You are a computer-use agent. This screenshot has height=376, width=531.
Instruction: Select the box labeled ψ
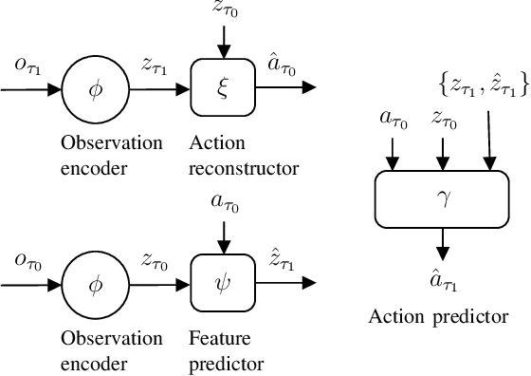(220, 283)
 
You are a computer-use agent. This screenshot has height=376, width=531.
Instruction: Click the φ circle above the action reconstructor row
(93, 89)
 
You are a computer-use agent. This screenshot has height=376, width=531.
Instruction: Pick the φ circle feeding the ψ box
(93, 283)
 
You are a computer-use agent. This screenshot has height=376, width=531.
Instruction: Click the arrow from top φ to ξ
(158, 89)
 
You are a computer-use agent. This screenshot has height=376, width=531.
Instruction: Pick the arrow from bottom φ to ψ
(158, 283)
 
